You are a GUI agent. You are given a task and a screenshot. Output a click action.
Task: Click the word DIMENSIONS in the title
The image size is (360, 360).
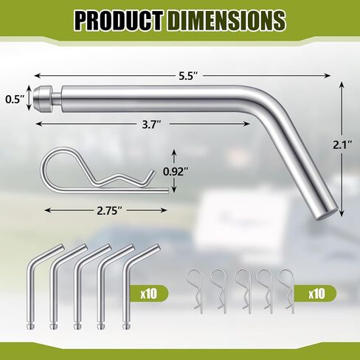click(227, 21)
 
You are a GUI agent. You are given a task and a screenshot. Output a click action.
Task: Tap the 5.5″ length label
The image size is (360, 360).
click(188, 76)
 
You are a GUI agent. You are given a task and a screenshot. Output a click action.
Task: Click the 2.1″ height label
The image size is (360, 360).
click(342, 145)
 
